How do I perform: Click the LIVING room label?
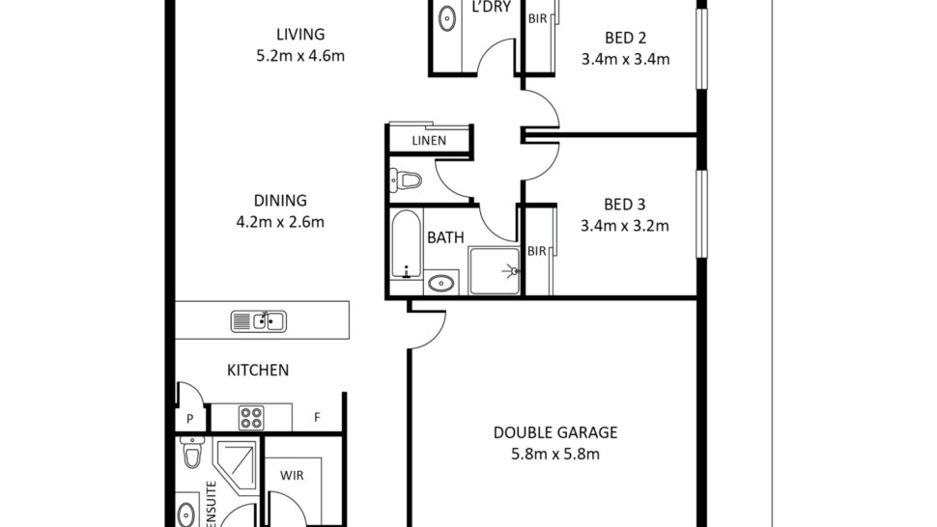[x=300, y=34]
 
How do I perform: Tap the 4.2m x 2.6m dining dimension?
[x=280, y=222]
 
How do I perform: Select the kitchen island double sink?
[x=259, y=321]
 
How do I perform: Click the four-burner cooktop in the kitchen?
[x=251, y=418]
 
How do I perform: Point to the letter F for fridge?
[x=317, y=417]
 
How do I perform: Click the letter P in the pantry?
[x=189, y=419]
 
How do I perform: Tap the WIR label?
[x=292, y=476]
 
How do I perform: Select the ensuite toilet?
[x=192, y=452]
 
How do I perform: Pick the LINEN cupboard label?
[x=429, y=141]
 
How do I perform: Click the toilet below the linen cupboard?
[x=406, y=180]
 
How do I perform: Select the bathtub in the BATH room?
[x=407, y=243]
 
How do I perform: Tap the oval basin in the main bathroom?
[x=441, y=282]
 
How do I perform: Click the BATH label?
[x=445, y=237]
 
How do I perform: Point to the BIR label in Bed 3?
[x=537, y=251]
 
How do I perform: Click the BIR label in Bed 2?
[x=537, y=19]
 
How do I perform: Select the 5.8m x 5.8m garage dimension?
[x=555, y=455]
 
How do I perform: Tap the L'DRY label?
[x=492, y=7]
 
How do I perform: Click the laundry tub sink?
[x=447, y=18]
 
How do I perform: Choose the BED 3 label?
[x=624, y=205]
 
